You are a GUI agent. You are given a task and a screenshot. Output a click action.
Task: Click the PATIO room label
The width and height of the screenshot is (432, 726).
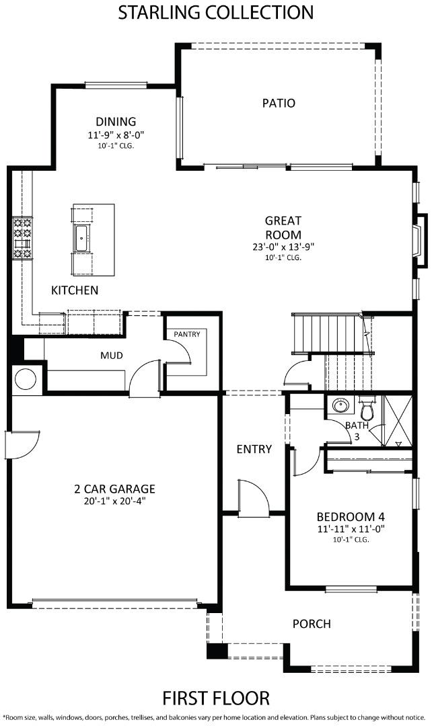[279, 103]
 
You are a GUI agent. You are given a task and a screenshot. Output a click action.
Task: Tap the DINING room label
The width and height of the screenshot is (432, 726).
[116, 122]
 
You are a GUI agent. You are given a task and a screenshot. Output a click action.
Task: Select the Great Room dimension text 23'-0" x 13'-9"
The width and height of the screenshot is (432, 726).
[283, 247]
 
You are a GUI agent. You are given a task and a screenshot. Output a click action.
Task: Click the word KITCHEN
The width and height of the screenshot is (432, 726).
[75, 290]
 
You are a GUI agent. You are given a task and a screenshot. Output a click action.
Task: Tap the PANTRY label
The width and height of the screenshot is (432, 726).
[187, 334]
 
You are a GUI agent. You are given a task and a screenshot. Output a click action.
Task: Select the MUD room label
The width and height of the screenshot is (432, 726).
[112, 356]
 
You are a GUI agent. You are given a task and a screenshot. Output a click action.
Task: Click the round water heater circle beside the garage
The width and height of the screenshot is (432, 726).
[26, 379]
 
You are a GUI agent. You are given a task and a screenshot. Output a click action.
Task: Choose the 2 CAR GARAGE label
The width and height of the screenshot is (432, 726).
[115, 489]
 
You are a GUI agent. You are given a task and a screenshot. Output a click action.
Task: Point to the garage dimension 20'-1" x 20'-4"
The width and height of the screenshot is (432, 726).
[115, 501]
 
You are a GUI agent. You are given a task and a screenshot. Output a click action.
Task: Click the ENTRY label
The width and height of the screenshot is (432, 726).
[254, 449]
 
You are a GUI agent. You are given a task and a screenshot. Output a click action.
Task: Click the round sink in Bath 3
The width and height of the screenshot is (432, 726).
[341, 406]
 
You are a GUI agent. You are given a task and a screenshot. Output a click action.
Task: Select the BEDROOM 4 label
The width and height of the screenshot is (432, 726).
[351, 517]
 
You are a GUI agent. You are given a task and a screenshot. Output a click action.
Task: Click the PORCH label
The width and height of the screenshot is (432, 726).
[312, 624]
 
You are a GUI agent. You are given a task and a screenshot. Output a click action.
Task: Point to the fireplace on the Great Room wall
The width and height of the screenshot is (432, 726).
[421, 240]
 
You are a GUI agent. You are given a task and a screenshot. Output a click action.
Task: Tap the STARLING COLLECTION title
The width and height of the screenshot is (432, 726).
[216, 13]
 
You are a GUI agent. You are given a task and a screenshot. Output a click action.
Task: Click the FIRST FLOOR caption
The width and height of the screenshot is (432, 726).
[216, 698]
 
